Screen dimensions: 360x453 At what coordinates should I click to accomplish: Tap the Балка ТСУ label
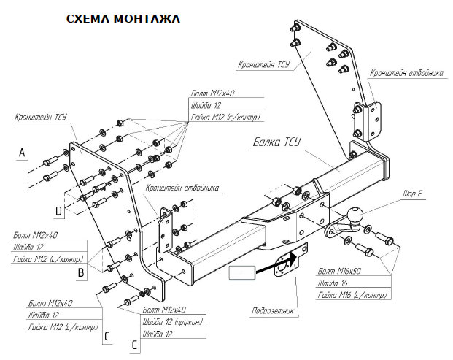(x=279, y=142)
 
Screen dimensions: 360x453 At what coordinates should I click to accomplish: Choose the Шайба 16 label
(x=335, y=283)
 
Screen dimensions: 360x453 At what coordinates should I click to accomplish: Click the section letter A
(x=22, y=152)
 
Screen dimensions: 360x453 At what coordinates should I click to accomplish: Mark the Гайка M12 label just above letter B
(x=50, y=259)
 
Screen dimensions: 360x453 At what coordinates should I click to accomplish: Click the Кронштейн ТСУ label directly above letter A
(x=41, y=118)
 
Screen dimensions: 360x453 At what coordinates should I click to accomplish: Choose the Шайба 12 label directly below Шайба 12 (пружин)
(x=161, y=334)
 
